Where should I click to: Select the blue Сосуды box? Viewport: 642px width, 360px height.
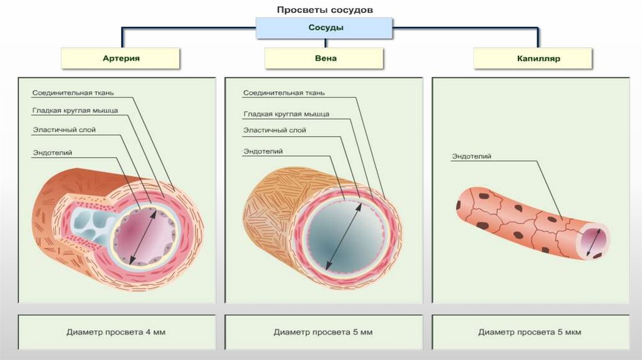click(325, 28)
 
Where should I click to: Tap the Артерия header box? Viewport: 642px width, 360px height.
click(120, 58)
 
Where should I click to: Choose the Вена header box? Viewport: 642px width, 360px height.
click(325, 58)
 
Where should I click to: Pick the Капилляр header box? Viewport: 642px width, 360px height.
click(534, 58)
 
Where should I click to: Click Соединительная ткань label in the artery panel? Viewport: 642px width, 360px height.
click(73, 93)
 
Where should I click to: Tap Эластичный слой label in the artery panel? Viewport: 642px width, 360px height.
click(65, 130)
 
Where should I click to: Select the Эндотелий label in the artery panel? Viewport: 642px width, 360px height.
click(52, 151)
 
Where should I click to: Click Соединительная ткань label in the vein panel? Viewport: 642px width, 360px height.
click(283, 93)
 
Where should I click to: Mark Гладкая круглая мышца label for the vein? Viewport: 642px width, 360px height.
click(286, 114)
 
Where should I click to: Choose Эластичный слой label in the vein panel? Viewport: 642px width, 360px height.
click(275, 130)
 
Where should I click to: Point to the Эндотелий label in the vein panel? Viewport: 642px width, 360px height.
click(263, 151)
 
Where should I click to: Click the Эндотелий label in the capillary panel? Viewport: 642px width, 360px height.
click(471, 156)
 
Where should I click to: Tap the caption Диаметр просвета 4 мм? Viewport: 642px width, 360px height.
click(116, 332)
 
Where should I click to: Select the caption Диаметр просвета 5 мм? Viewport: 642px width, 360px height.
click(323, 332)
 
